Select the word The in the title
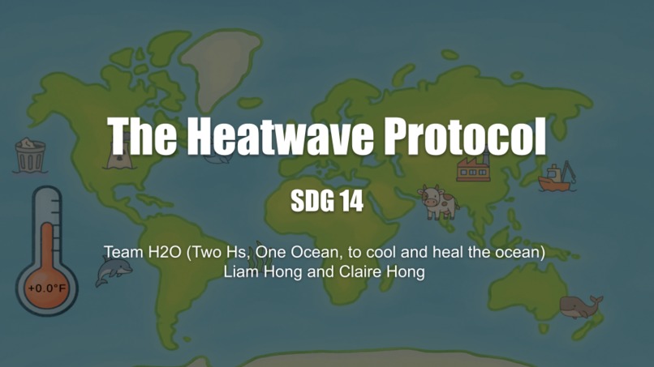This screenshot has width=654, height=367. [x=142, y=136]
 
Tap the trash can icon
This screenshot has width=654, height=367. [x=30, y=156]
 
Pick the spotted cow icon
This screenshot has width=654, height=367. [x=437, y=201]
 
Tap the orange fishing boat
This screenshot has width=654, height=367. [x=557, y=177]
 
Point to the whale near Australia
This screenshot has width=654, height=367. [x=580, y=306]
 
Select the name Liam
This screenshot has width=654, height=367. [x=241, y=271]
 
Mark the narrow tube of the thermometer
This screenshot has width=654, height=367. [x=46, y=231]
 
